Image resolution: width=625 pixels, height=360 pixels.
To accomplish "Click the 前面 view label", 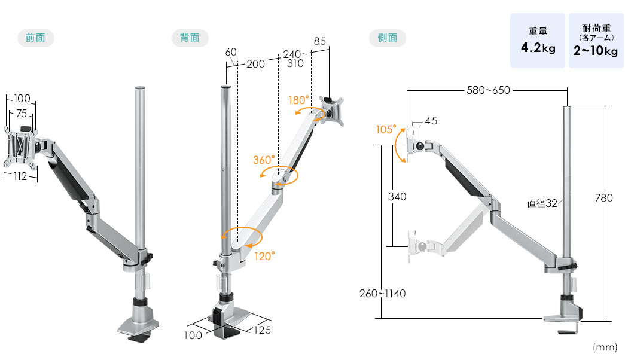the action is click(x=35, y=38).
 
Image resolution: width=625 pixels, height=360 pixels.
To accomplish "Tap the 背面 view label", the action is click(x=190, y=38).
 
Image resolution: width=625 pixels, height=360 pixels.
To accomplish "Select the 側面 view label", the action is click(x=388, y=38).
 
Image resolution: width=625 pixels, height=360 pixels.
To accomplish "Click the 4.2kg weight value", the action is click(x=538, y=48).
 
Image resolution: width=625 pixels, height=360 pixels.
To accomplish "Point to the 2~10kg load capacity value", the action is click(x=596, y=51).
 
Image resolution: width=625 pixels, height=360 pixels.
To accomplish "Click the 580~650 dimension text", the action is click(x=488, y=90).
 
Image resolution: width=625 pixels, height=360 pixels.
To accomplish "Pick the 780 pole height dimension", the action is click(x=603, y=198).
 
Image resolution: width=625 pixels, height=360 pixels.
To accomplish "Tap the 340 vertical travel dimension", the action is click(x=397, y=197).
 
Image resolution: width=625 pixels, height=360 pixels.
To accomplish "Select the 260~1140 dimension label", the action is click(x=382, y=294).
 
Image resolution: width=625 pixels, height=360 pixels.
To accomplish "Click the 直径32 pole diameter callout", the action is click(x=542, y=203).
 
